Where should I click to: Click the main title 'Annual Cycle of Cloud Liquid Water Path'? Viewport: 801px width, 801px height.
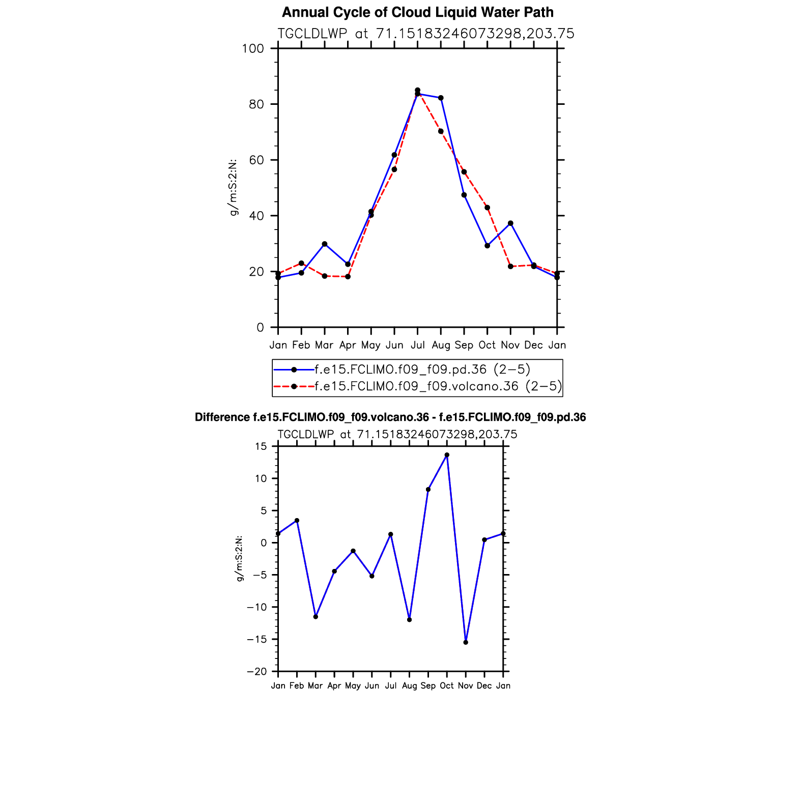pyautogui.click(x=417, y=12)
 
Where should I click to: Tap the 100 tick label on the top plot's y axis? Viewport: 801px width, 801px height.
pyautogui.click(x=253, y=49)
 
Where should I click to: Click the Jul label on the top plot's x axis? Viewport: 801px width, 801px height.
pyautogui.click(x=417, y=345)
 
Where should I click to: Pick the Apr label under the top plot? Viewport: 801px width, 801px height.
pyautogui.click(x=348, y=345)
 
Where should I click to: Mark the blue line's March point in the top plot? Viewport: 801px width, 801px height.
pyautogui.click(x=325, y=244)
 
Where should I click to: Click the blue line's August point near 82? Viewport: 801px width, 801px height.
pyautogui.click(x=441, y=98)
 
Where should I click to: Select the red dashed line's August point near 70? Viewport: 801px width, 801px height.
pyautogui.click(x=441, y=131)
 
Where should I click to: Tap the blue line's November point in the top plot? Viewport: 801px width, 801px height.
pyautogui.click(x=510, y=223)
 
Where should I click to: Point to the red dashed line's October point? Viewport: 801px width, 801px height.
pyautogui.click(x=487, y=208)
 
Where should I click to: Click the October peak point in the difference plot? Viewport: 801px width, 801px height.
pyautogui.click(x=447, y=455)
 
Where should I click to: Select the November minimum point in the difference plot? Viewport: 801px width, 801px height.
pyautogui.click(x=466, y=642)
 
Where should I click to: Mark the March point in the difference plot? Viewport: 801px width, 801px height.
pyautogui.click(x=316, y=616)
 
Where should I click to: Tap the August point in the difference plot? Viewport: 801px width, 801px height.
pyautogui.click(x=409, y=619)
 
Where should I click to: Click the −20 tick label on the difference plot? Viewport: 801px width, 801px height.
pyautogui.click(x=257, y=672)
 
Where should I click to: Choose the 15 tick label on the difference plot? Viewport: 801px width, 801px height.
pyautogui.click(x=261, y=447)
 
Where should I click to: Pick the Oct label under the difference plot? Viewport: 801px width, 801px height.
pyautogui.click(x=447, y=686)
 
